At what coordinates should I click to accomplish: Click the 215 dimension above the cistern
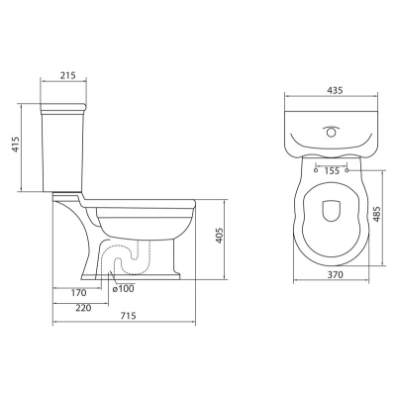(x=68, y=75)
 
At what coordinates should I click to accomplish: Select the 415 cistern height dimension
(x=16, y=145)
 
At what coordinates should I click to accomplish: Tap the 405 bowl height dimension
(x=220, y=236)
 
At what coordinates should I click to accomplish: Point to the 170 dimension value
(x=78, y=293)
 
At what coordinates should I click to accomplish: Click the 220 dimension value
(x=83, y=308)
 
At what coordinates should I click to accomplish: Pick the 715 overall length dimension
(x=128, y=316)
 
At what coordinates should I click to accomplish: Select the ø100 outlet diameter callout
(x=123, y=289)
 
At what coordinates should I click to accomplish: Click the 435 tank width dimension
(x=335, y=90)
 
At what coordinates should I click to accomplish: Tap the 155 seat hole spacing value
(x=332, y=171)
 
